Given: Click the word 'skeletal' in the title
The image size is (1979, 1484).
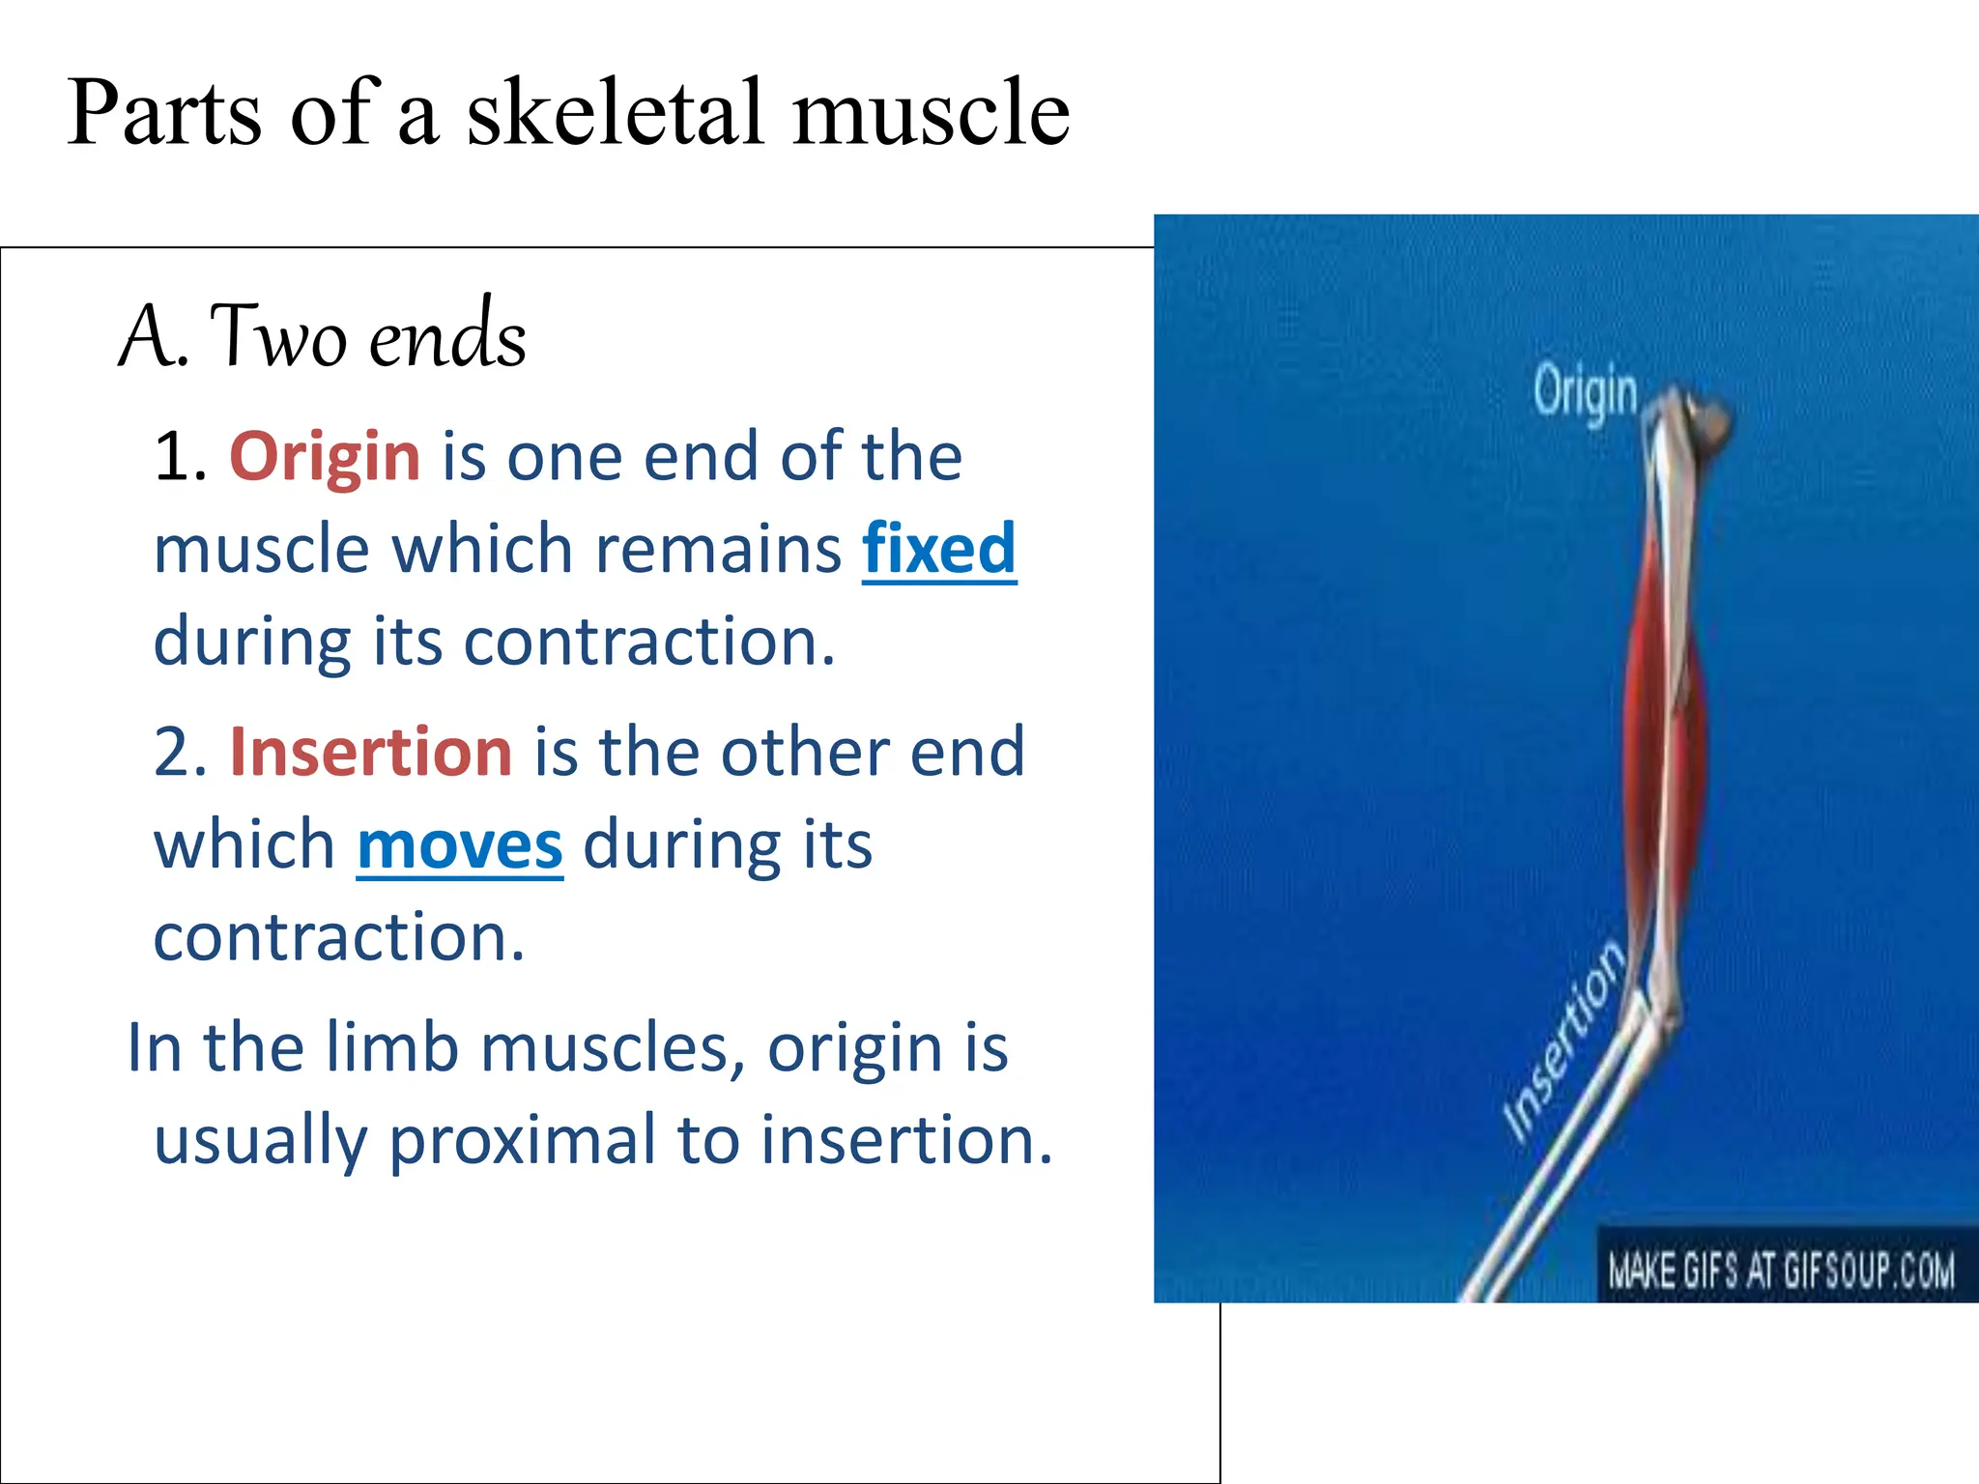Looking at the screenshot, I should (x=618, y=114).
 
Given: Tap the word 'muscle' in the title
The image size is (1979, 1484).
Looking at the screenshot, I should (x=931, y=114).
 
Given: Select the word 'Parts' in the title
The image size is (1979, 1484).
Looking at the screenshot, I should (x=164, y=114).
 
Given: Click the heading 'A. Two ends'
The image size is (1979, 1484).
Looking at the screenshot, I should (x=323, y=336).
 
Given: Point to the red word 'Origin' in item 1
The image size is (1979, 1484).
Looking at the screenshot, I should (x=325, y=456).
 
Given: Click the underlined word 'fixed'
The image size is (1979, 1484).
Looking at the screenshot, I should (x=938, y=549).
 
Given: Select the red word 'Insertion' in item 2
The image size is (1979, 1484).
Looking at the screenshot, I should (x=371, y=752).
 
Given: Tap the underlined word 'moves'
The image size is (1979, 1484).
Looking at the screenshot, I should (x=460, y=845).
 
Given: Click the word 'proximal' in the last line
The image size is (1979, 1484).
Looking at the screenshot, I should (x=523, y=1140).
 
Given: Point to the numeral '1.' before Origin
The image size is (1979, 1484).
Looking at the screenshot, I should (x=181, y=456).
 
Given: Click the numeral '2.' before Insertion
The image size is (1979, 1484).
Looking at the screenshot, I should (x=181, y=752).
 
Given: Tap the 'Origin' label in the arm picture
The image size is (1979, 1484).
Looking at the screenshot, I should (x=1586, y=392).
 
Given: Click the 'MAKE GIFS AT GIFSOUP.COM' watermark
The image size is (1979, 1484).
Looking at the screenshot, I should (x=1780, y=1269).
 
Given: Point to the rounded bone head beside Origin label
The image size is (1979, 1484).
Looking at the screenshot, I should (x=1708, y=422).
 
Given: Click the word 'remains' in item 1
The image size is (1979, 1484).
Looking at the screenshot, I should (x=718, y=549).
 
